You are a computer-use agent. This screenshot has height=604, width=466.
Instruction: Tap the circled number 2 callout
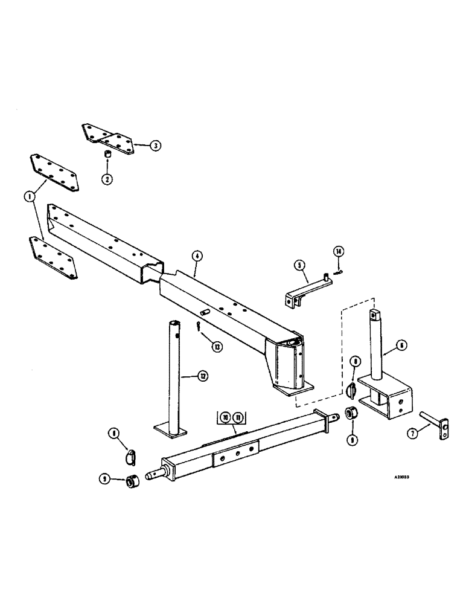click(x=107, y=179)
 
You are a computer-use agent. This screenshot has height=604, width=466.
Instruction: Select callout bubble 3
click(x=156, y=145)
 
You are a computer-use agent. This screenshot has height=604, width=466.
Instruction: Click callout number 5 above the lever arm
click(x=298, y=264)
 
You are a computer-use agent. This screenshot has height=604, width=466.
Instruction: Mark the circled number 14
click(x=338, y=251)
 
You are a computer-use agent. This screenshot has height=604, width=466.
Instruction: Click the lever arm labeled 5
click(x=308, y=289)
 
